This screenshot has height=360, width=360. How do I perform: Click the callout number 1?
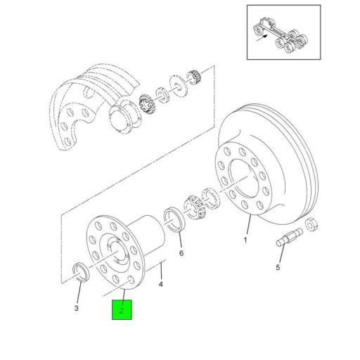click(x=246, y=240)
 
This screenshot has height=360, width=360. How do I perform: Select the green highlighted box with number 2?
click(x=122, y=309)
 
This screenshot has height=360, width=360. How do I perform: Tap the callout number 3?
click(x=77, y=308)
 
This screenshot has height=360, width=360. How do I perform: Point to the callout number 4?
click(x=161, y=284)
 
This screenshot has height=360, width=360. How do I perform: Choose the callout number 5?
click(x=278, y=267)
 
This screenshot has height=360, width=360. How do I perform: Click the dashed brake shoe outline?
click(x=84, y=105)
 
